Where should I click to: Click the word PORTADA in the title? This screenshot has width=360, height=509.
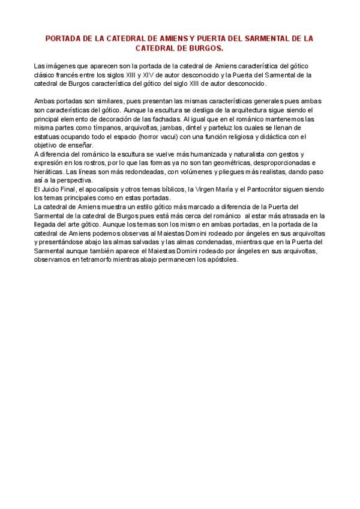64,38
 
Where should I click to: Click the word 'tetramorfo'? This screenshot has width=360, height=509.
91,261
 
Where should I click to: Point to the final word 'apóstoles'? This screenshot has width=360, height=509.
222,261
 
